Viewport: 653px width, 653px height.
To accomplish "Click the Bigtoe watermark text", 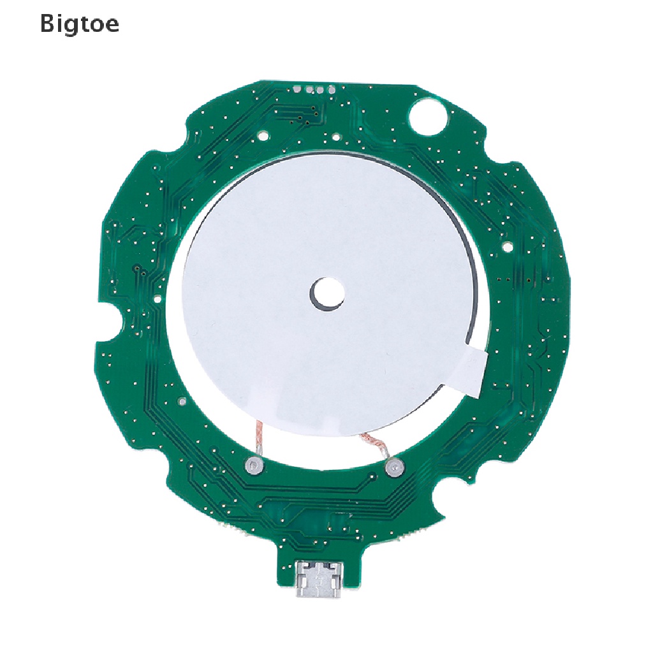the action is [x=80, y=25].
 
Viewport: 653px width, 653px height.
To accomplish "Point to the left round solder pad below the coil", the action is [x=254, y=465].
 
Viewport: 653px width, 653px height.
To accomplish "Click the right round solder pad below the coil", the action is [x=393, y=467].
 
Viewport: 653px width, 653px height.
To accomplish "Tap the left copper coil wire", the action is [x=259, y=437].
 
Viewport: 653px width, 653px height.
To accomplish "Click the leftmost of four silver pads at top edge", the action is [x=297, y=89].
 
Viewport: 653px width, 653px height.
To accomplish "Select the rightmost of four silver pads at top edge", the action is [x=332, y=89].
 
